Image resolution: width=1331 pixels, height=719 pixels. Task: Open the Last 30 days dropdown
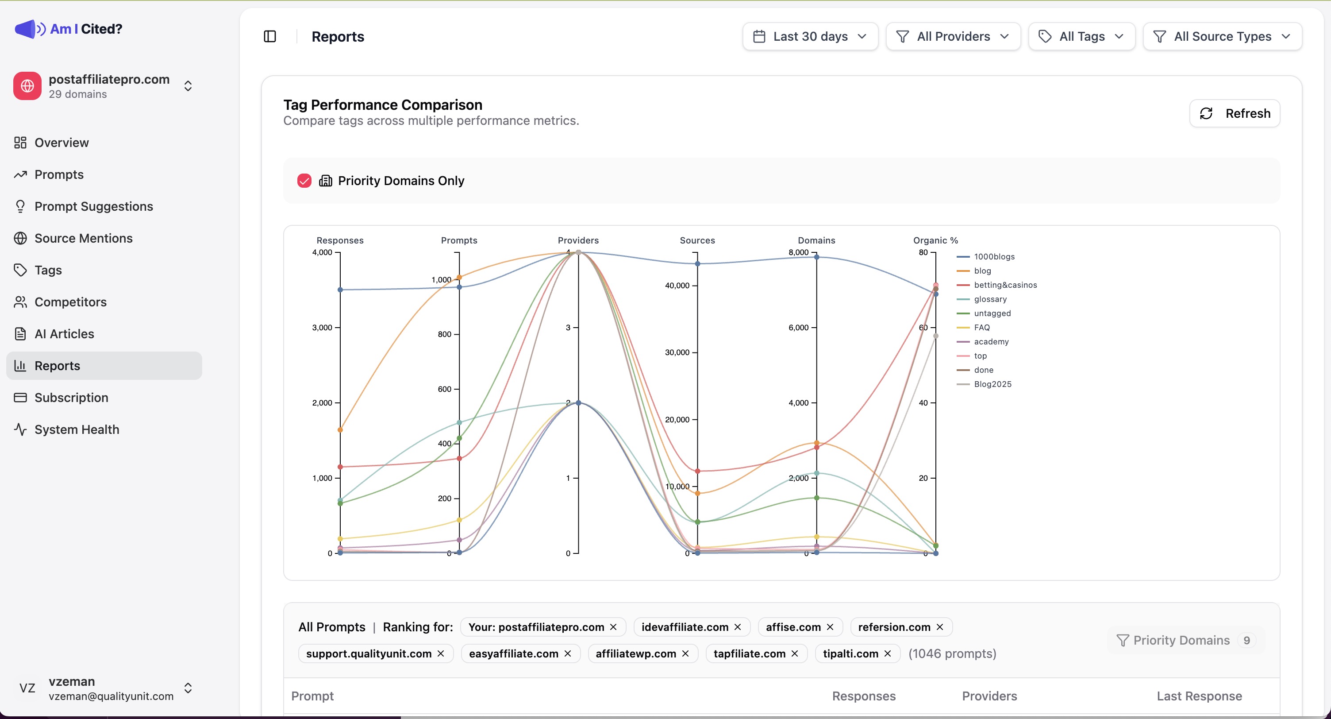[x=810, y=36]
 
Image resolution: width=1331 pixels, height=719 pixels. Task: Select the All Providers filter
[x=952, y=36]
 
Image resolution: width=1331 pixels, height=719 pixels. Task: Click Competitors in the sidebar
[x=70, y=302]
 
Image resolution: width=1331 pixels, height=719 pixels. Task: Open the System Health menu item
[x=77, y=429]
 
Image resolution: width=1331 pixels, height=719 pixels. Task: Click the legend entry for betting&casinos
[x=1004, y=285]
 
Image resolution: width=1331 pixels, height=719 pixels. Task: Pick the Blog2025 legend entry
[x=992, y=384]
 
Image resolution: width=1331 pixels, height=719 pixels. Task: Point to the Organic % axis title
[x=935, y=240]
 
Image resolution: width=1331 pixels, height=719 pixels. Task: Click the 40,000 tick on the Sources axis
[x=677, y=285]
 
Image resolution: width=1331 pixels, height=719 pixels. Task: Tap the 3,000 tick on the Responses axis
[x=323, y=328]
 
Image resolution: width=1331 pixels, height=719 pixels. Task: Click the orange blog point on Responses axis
[x=340, y=430]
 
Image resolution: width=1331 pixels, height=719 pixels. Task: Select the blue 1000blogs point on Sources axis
[x=697, y=263]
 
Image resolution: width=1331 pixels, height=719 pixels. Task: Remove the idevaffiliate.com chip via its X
[x=738, y=627]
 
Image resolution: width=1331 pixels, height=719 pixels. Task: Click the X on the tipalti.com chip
[x=888, y=654]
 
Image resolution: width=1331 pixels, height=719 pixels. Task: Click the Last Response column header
[x=1199, y=696]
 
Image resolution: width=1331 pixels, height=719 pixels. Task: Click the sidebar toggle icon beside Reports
[x=270, y=36]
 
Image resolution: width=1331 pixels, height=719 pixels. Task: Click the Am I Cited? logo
[x=69, y=29]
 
